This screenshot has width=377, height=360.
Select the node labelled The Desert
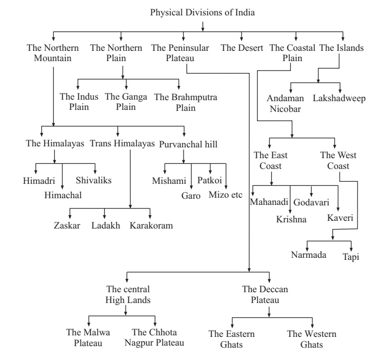tap(242, 48)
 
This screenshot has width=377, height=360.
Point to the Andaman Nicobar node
tap(286, 102)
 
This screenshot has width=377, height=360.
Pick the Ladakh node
tap(106, 226)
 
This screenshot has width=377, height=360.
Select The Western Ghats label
tap(305, 339)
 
